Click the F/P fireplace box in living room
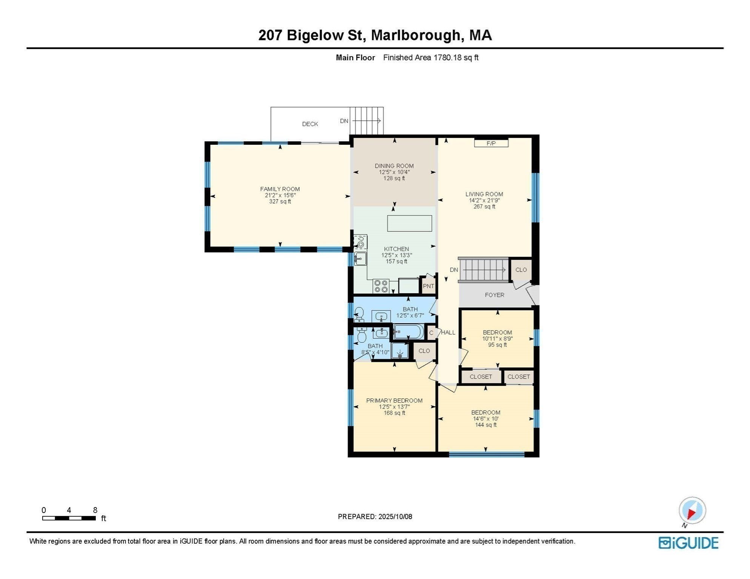click(x=491, y=143)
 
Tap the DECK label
click(x=310, y=124)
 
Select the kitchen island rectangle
click(x=409, y=223)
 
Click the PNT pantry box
click(x=428, y=286)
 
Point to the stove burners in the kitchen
click(x=381, y=286)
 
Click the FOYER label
click(x=494, y=295)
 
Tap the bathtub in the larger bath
click(x=409, y=332)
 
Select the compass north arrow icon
click(x=692, y=511)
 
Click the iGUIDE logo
click(x=688, y=543)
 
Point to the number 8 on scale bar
click(x=95, y=510)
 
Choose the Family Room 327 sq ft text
click(x=280, y=201)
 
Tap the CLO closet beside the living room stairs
click(x=521, y=270)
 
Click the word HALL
click(x=448, y=332)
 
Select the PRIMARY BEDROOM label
click(x=394, y=400)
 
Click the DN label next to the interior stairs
click(x=454, y=270)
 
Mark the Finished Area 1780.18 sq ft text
click(x=430, y=57)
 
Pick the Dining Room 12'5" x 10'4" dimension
click(x=394, y=172)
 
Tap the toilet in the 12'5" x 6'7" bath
click(x=359, y=314)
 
